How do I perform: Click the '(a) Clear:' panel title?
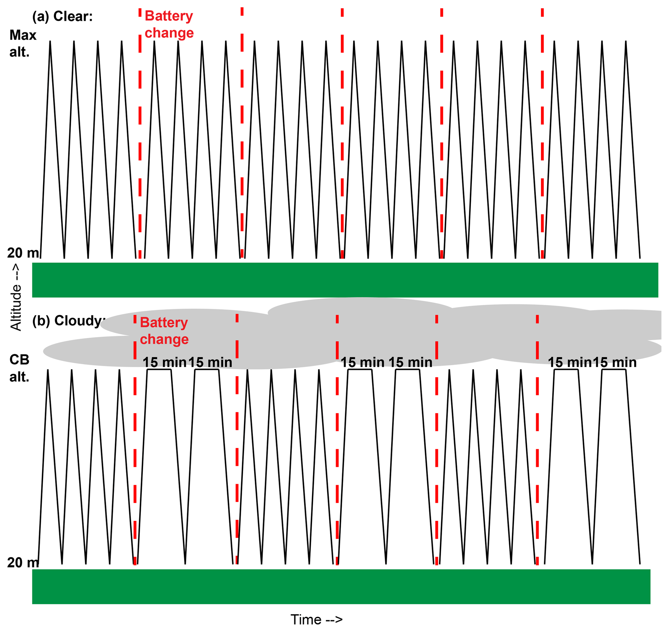(62, 17)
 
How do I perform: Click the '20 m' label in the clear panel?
(23, 253)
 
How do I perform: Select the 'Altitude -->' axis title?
(16, 298)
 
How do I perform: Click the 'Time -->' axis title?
(317, 620)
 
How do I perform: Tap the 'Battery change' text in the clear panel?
(169, 25)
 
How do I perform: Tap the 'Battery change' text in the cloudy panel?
(164, 331)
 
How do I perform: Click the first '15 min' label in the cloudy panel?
(164, 363)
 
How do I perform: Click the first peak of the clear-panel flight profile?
(50, 42)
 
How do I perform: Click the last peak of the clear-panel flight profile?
(626, 42)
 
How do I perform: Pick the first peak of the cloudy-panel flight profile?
(48, 371)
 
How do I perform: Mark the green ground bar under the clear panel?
(345, 280)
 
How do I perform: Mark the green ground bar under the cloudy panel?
(341, 587)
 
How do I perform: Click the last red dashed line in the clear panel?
(542, 135)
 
